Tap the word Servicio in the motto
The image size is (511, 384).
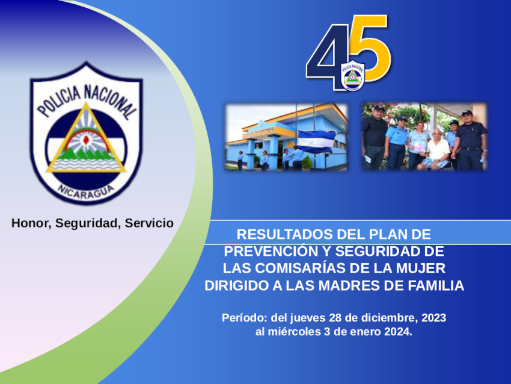[149, 223]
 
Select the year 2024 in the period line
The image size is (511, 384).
[398, 332]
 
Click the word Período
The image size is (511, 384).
[245, 318]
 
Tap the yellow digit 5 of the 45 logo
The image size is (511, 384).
[371, 48]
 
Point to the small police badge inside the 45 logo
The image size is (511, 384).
[353, 76]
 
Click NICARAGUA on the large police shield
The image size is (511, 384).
[86, 191]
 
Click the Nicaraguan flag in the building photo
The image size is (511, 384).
[316, 141]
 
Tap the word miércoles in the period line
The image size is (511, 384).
[295, 332]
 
